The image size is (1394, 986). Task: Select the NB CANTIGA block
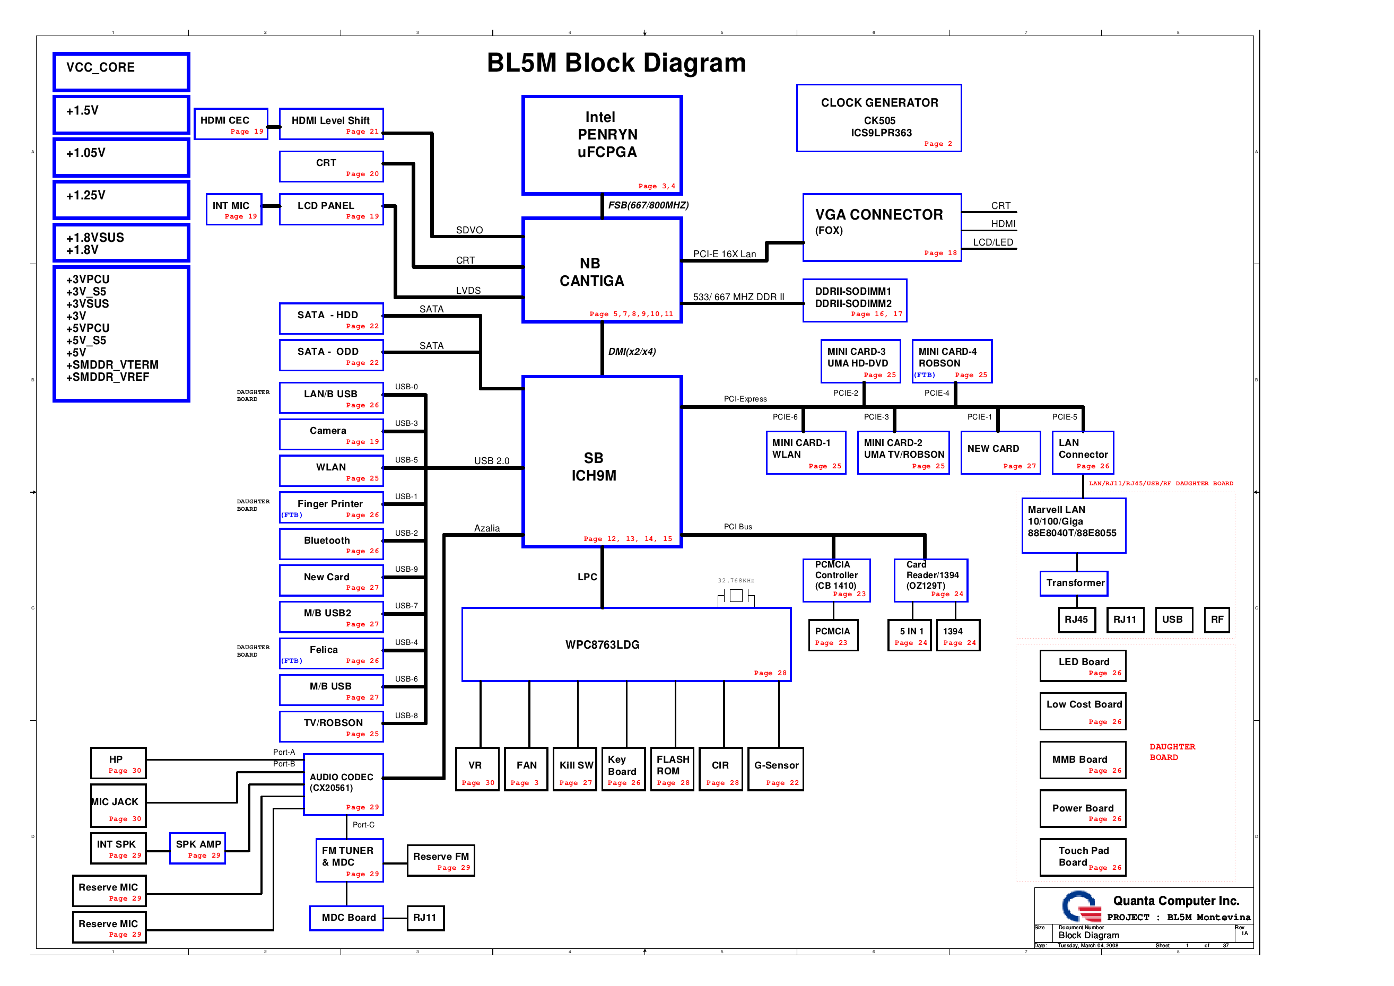click(x=602, y=270)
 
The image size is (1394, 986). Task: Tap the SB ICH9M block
click(x=602, y=461)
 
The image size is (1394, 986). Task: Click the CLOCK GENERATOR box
click(x=878, y=118)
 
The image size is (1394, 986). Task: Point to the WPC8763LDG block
click(x=626, y=644)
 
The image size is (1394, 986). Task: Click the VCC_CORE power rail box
click(x=121, y=72)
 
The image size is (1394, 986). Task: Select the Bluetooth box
click(x=331, y=544)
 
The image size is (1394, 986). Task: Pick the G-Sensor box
click(x=776, y=769)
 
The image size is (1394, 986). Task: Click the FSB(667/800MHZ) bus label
click(x=648, y=205)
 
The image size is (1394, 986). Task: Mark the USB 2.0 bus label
click(x=491, y=461)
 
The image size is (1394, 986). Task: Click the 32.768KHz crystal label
click(x=735, y=580)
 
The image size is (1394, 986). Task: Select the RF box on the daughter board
click(x=1216, y=620)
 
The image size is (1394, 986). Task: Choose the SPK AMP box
click(x=197, y=848)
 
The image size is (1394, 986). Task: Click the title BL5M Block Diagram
click(x=616, y=63)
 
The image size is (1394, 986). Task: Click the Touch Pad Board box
click(x=1083, y=857)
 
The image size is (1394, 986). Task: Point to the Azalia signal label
click(x=486, y=528)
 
